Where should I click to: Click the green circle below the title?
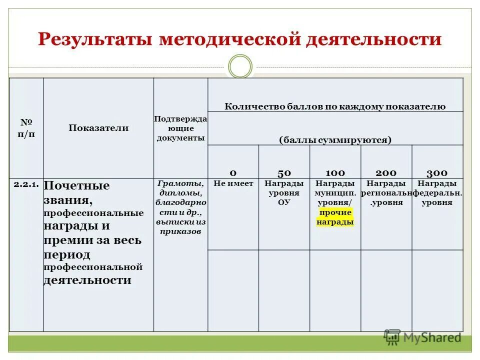[x=240, y=66]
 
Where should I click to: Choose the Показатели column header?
[x=98, y=128]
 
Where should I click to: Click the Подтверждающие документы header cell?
[x=180, y=128]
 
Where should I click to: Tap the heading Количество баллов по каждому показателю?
[x=335, y=106]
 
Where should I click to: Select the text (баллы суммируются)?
[x=335, y=139]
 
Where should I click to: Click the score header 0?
[x=233, y=172]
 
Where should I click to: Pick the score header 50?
[x=284, y=172]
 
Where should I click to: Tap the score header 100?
[x=335, y=172]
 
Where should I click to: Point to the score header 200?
[x=386, y=172]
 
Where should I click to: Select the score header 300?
[x=437, y=172]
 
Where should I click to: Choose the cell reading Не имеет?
[x=233, y=183]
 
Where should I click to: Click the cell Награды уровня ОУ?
[x=284, y=192]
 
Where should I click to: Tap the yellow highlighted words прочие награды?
[x=335, y=217]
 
